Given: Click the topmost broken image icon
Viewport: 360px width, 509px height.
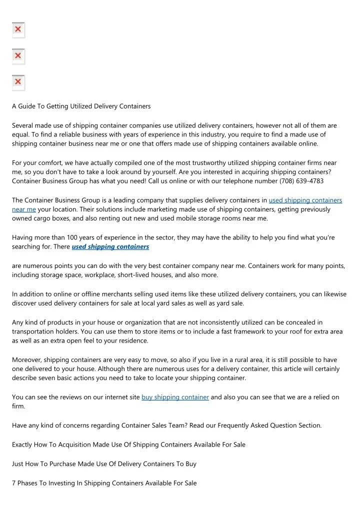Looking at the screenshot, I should tap(18, 30).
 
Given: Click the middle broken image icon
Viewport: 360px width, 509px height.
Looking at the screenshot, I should tap(18, 56).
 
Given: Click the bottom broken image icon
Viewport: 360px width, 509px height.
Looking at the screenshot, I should tap(18, 82).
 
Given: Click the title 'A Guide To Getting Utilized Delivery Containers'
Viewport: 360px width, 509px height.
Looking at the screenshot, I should tap(81, 106).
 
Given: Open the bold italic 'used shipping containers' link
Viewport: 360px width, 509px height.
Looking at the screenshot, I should tap(110, 246).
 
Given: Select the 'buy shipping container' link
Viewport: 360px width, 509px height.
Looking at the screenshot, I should tap(175, 397).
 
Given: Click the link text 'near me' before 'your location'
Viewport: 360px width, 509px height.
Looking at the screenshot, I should tap(23, 209).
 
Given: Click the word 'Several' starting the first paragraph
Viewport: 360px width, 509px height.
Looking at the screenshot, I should tap(23, 125).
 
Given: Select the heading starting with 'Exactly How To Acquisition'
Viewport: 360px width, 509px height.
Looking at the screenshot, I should tap(128, 444).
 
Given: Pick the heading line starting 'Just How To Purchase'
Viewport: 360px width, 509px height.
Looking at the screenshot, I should tap(104, 464).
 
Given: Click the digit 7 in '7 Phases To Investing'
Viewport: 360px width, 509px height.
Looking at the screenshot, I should tap(14, 483).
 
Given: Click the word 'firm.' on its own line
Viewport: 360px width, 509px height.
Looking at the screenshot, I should tap(18, 406).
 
